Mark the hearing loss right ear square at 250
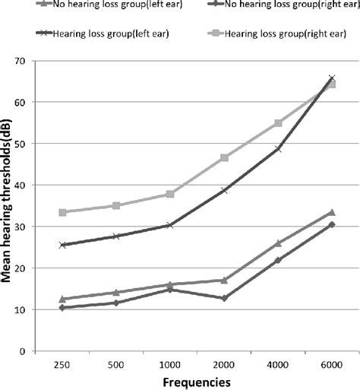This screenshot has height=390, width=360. [x=63, y=213]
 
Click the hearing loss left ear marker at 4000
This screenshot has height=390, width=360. [x=278, y=149]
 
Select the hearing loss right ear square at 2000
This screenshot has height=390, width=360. [x=224, y=157]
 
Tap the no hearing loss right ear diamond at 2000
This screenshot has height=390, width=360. [x=224, y=299]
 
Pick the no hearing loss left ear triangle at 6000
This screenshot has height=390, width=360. [x=331, y=212]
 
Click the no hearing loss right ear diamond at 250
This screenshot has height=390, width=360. [x=63, y=308]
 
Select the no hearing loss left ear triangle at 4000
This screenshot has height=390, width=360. [x=278, y=243]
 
